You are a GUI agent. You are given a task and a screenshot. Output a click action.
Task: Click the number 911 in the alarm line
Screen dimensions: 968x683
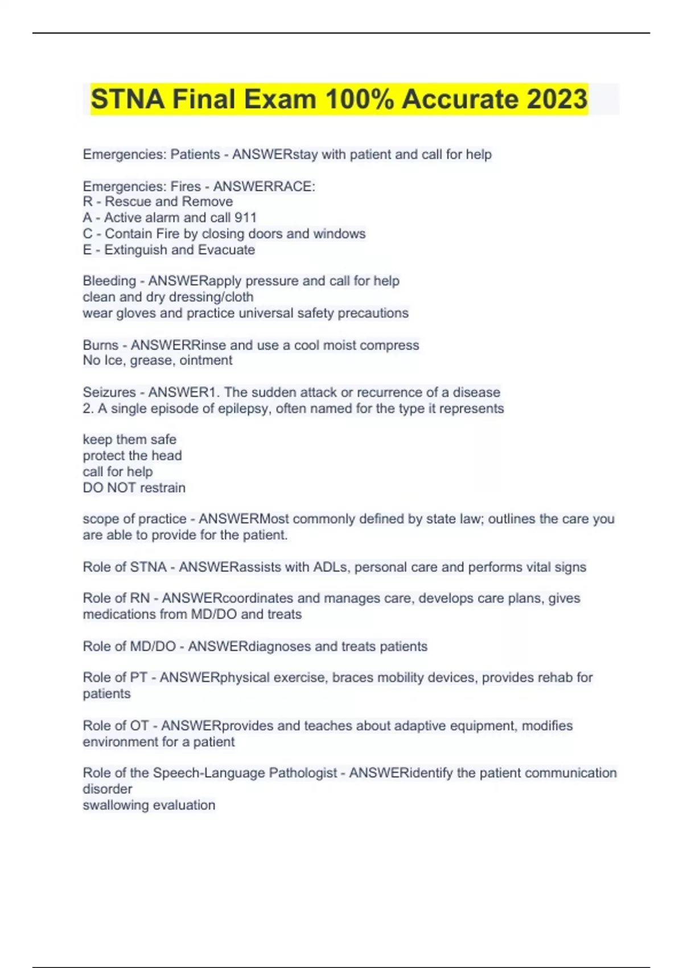pyautogui.click(x=245, y=218)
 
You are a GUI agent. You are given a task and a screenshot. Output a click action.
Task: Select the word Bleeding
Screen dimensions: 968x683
pyautogui.click(x=109, y=281)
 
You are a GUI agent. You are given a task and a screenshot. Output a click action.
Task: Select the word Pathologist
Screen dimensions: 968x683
pyautogui.click(x=303, y=773)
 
